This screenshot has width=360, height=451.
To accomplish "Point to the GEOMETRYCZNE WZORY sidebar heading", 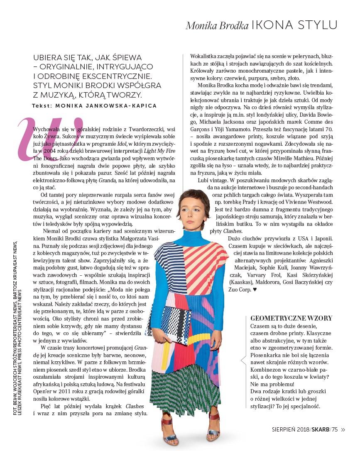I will click(291, 318).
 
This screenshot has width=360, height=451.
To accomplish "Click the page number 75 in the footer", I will click(334, 429).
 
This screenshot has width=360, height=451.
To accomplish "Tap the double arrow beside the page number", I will click(343, 429).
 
